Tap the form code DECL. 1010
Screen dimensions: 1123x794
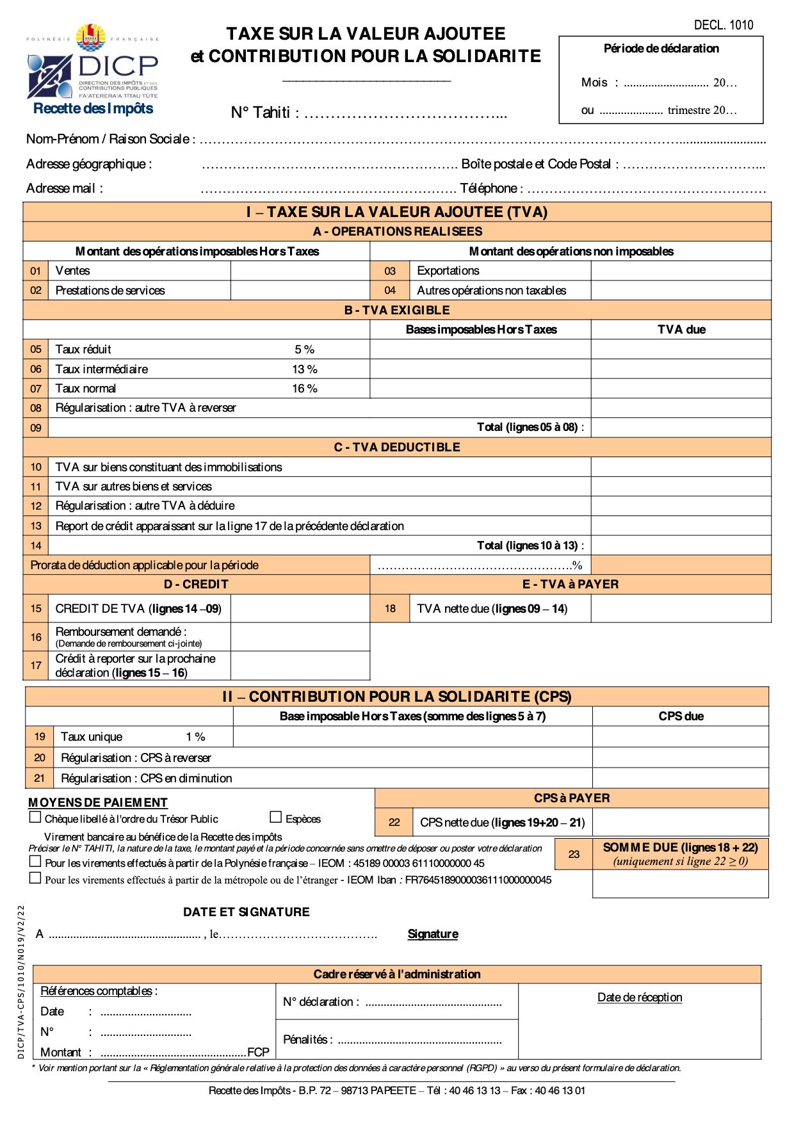point(724,25)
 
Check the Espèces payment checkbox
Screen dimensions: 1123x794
point(276,817)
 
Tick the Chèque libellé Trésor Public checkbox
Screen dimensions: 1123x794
point(35,817)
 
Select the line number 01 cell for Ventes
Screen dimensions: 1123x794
point(36,271)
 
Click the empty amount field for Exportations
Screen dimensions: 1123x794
point(681,271)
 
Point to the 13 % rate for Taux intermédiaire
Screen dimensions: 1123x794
point(305,369)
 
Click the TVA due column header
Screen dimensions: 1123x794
point(681,330)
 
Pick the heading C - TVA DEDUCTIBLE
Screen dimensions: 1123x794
point(397,447)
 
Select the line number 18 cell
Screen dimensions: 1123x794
point(390,609)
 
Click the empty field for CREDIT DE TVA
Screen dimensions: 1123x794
point(300,609)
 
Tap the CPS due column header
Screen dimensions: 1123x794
point(681,716)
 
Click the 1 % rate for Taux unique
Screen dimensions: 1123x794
point(195,737)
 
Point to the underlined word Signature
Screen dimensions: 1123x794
point(433,934)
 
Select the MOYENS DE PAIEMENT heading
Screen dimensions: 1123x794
point(98,803)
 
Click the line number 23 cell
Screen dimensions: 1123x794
point(574,854)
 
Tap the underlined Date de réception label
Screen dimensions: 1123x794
point(640,998)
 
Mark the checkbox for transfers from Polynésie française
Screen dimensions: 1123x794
point(35,861)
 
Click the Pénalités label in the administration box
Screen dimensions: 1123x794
point(307,1040)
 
